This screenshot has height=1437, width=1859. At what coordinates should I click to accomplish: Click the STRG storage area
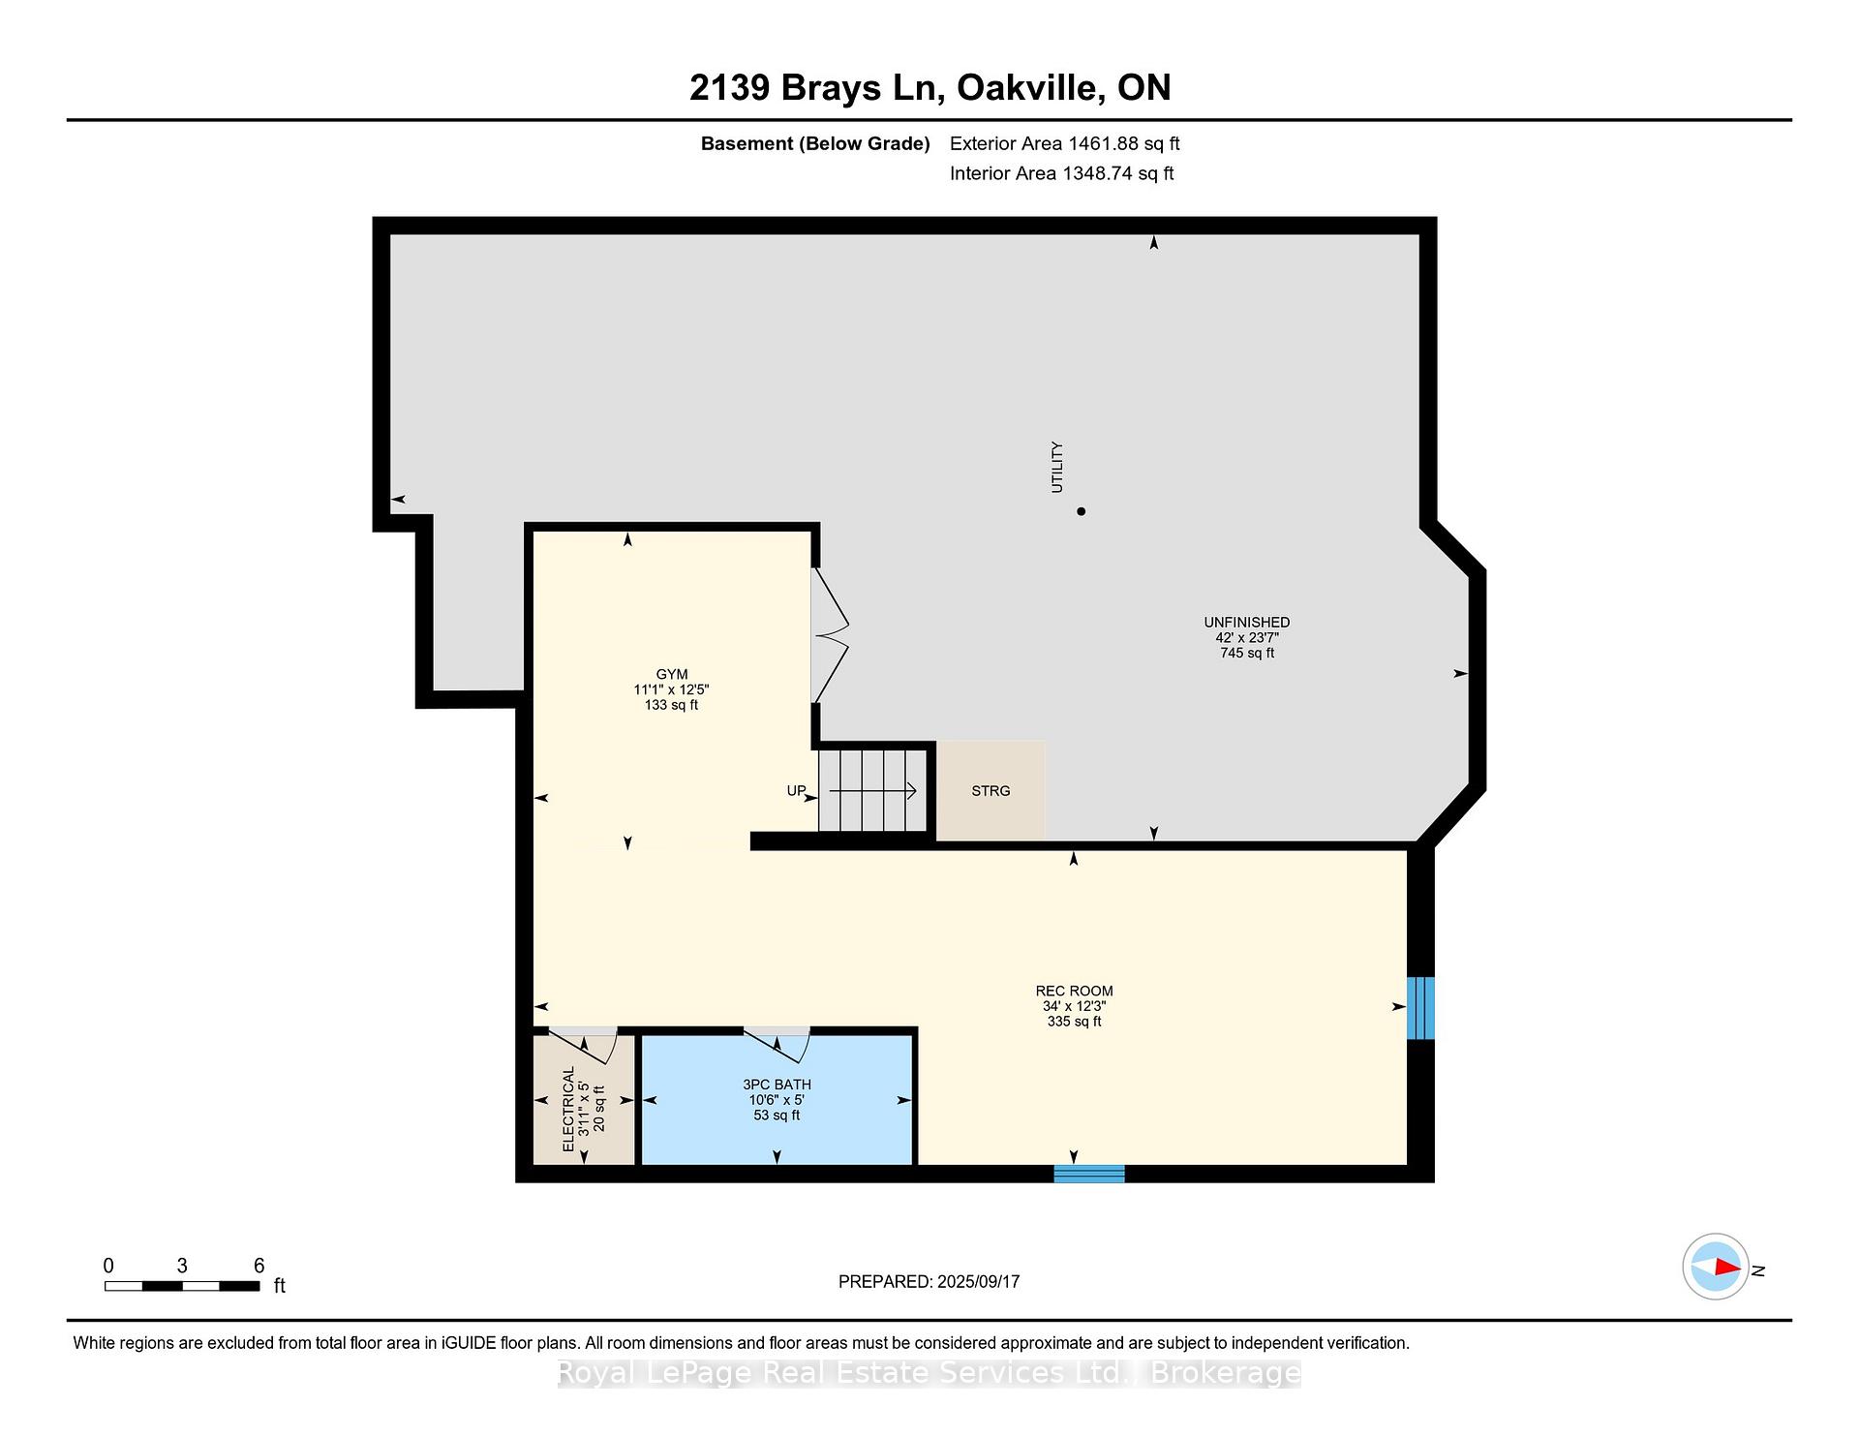pos(990,791)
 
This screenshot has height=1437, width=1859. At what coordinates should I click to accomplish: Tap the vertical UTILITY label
pos(1057,467)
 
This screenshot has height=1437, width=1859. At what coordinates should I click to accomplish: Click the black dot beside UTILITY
pos(1082,511)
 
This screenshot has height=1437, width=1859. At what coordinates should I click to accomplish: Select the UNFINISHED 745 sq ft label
pos(1246,637)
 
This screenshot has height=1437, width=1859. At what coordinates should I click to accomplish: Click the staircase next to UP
pos(874,791)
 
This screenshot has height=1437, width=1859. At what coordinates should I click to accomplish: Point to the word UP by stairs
pos(796,791)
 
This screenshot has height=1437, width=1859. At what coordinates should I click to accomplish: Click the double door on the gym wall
pos(830,635)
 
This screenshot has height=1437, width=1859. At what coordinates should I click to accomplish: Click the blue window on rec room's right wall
pos(1419,1008)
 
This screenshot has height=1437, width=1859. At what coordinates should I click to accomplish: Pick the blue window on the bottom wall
pos(1089,1174)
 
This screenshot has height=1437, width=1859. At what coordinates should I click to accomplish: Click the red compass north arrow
pos(1726,1267)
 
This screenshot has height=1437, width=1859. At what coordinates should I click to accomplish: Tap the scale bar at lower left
pos(182,1286)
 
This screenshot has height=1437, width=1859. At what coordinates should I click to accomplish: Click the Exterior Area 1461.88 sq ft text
pos(1064,143)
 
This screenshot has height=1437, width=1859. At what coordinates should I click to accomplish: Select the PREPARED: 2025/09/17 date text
pos(929,1281)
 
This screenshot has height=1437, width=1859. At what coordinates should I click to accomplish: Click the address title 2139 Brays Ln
pos(815,88)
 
